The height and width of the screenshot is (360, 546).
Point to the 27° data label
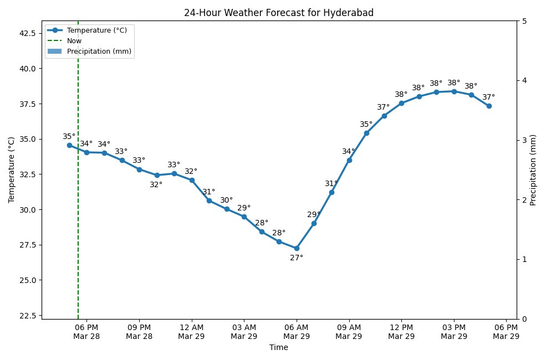point(297,258)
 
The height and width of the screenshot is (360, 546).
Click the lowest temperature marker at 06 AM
point(297,248)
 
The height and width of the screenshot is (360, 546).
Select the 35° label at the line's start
point(69,136)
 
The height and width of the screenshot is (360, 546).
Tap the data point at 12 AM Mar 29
point(192,180)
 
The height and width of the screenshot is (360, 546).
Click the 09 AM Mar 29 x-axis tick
point(349,331)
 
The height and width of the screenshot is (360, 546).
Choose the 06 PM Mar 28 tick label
point(86,331)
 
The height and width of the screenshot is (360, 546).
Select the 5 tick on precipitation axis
point(524,21)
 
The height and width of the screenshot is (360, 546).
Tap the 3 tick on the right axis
point(524,140)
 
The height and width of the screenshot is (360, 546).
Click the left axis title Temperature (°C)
point(12,170)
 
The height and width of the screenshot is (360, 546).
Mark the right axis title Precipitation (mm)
point(533,170)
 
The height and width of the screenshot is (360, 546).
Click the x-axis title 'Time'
point(278,348)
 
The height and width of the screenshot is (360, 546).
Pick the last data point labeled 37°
point(489,106)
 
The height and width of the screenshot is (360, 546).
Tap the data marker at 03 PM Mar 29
point(454,91)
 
